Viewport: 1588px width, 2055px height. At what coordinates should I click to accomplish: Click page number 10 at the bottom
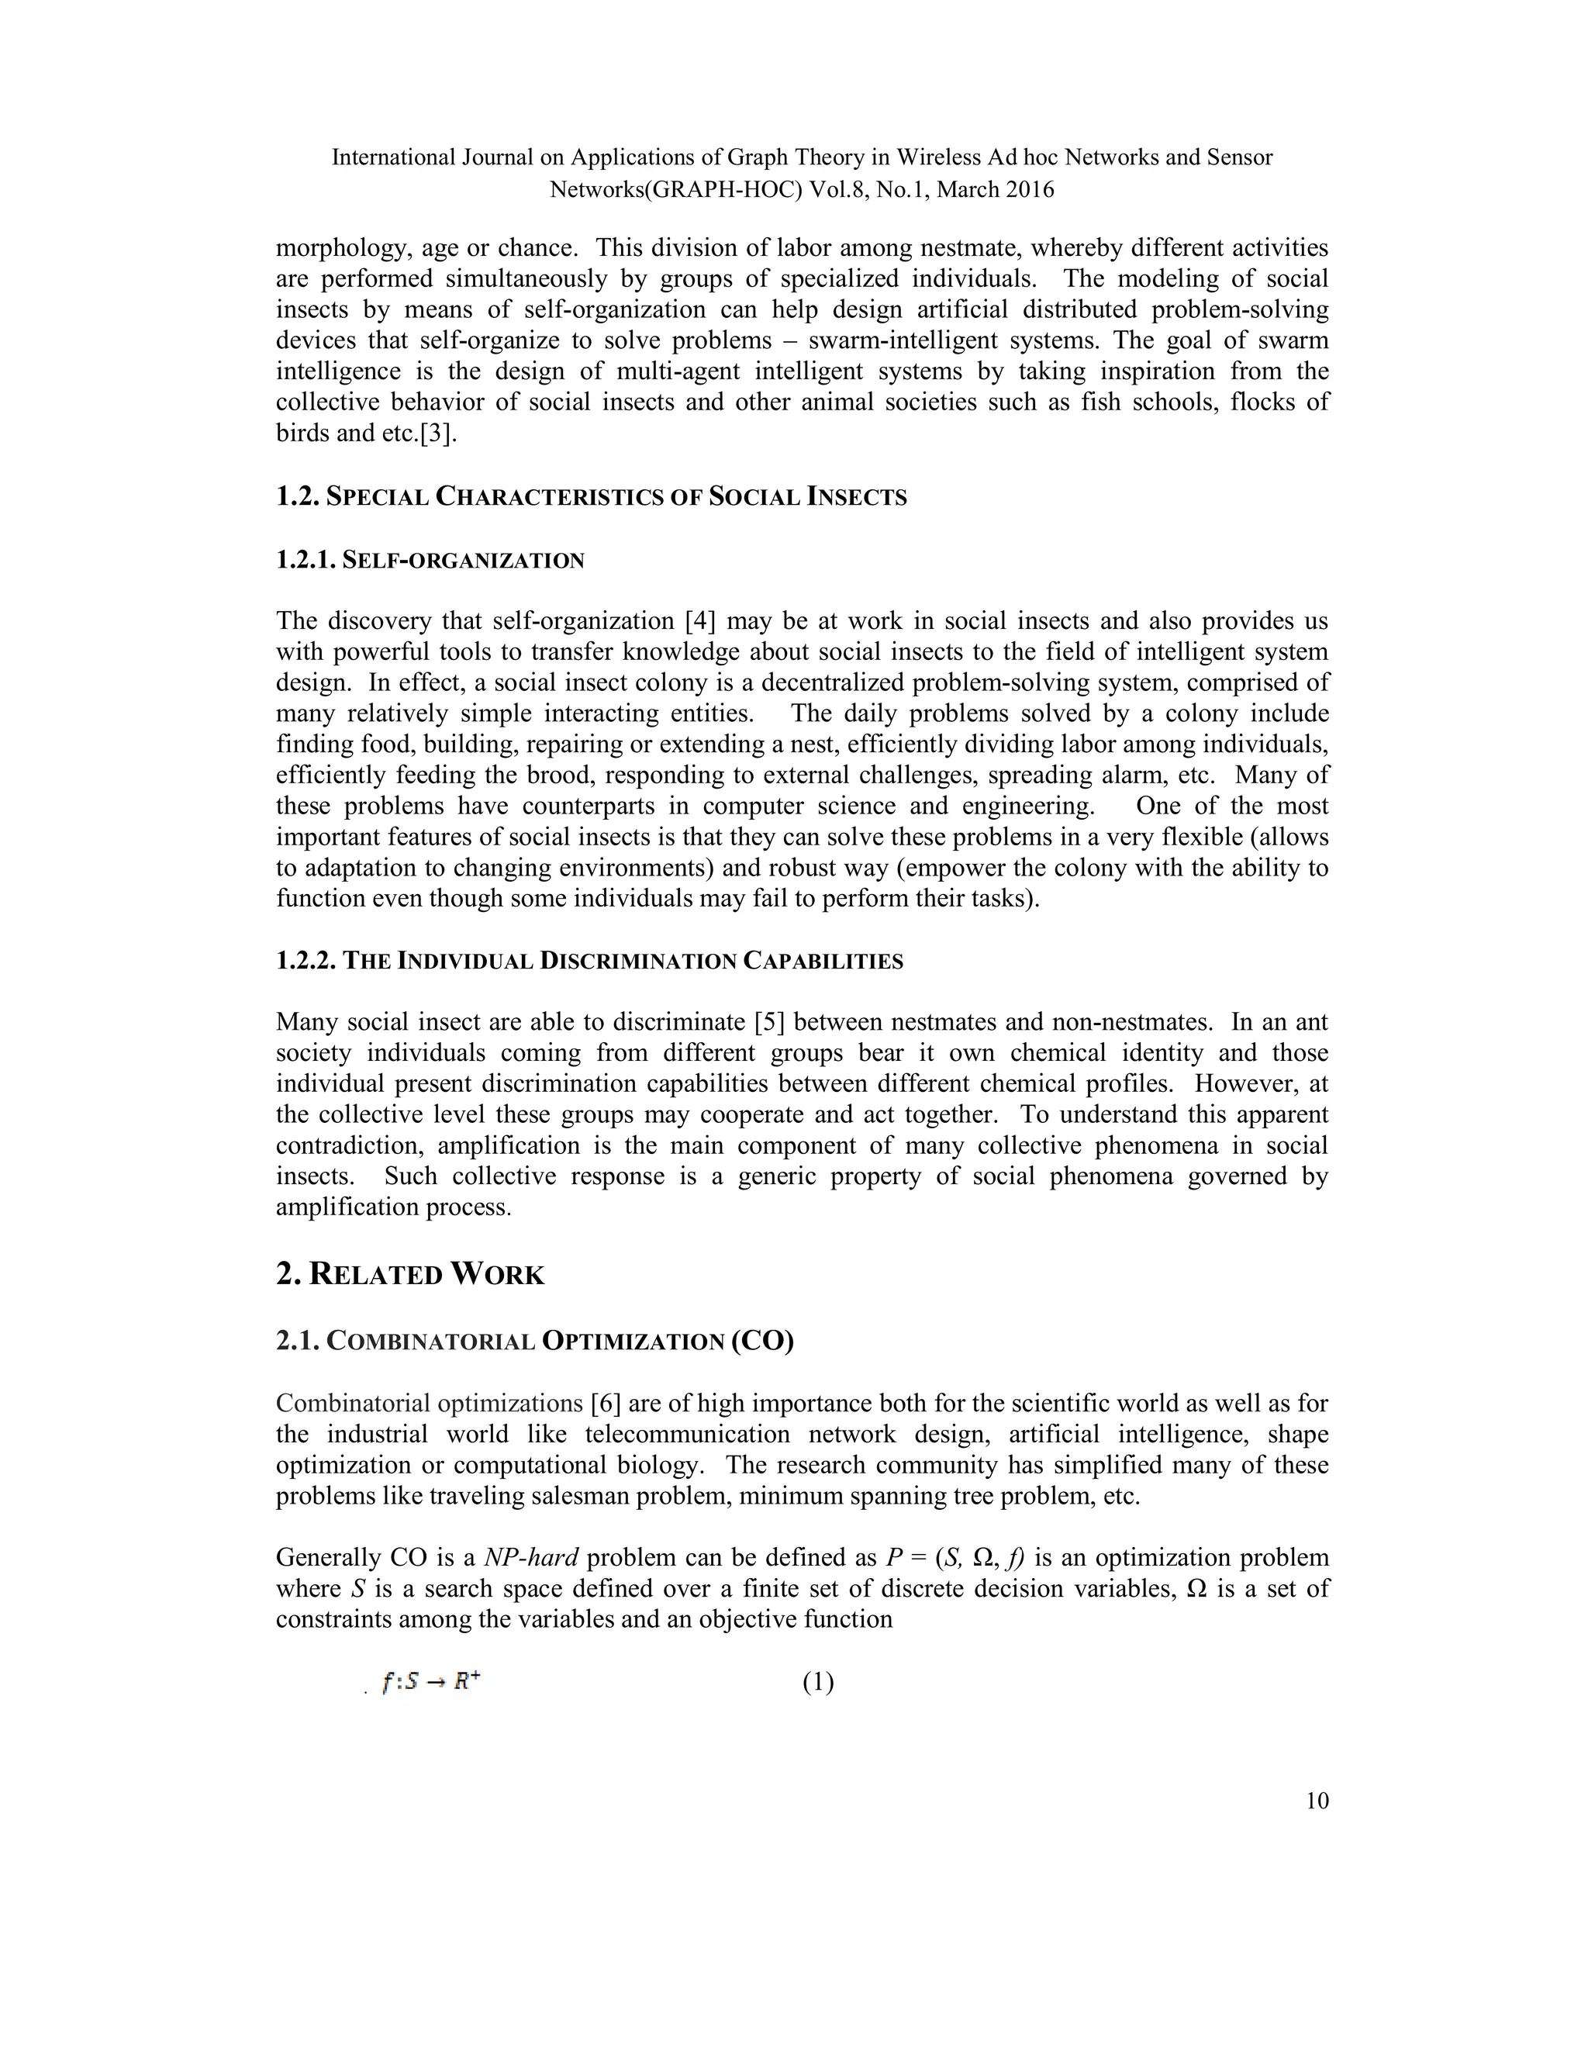point(1317,1801)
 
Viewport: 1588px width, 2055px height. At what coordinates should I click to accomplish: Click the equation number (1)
point(817,1683)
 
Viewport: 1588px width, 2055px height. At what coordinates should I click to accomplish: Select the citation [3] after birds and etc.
point(437,433)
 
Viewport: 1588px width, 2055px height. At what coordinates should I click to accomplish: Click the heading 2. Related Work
point(410,1275)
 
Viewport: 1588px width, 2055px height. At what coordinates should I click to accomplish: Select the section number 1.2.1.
point(305,561)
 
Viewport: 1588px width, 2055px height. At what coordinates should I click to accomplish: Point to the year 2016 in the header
point(1029,189)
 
